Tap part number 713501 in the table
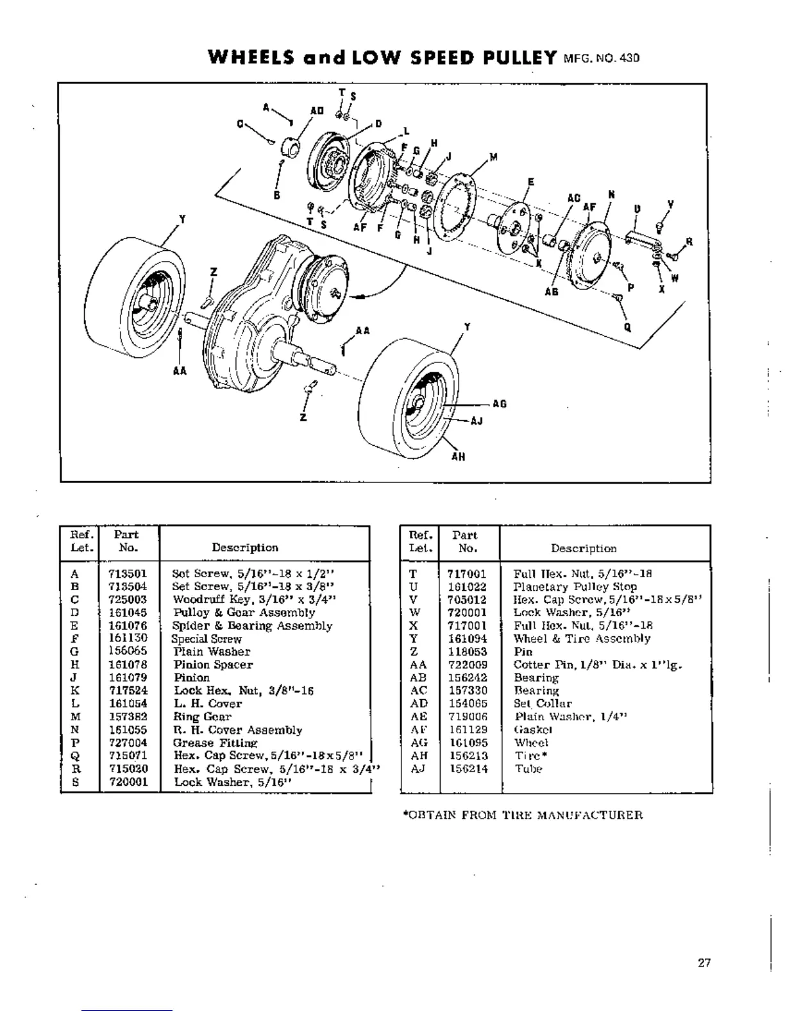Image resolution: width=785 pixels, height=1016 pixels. tap(128, 573)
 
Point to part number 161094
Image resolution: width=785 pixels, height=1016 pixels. tap(467, 639)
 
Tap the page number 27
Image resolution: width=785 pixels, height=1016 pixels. tap(704, 963)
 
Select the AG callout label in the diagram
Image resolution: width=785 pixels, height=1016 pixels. tap(500, 404)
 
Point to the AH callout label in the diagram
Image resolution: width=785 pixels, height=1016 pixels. tap(459, 457)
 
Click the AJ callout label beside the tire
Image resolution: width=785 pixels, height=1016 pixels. tap(477, 421)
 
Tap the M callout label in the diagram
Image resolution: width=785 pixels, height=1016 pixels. tap(493, 157)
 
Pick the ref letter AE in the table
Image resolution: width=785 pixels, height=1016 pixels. tap(418, 716)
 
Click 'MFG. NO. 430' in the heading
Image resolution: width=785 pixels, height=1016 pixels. tap(601, 58)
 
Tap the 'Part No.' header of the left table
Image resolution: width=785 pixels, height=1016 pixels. tap(128, 541)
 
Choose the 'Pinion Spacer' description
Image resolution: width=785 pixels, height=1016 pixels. tap(213, 665)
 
